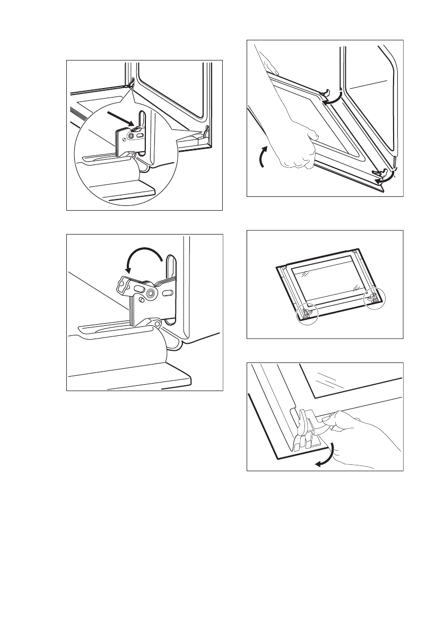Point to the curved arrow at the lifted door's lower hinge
click(385, 179)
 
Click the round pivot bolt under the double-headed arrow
click(153, 292)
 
